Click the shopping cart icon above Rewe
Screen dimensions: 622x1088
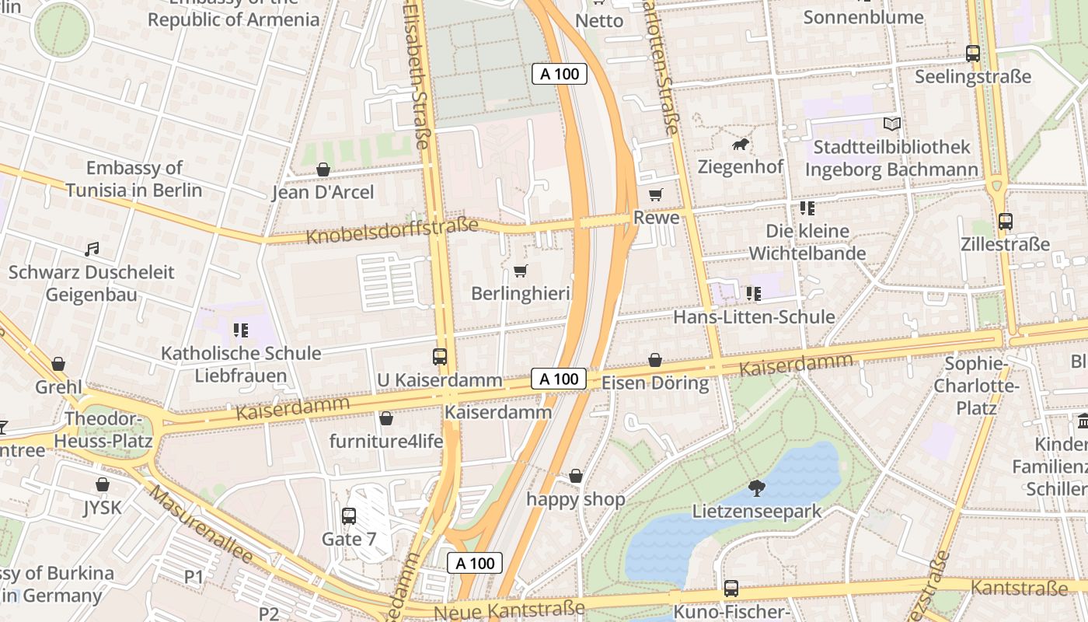656,194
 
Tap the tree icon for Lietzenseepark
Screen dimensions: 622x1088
756,488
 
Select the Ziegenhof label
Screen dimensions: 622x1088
739,167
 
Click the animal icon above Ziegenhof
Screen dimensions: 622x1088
740,145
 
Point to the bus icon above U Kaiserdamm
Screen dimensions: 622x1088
440,357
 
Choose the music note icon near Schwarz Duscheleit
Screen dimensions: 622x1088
92,250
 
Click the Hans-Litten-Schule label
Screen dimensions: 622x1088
754,316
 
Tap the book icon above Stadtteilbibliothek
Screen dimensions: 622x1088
891,124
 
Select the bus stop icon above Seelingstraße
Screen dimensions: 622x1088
972,54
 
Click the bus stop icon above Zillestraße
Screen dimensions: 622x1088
1005,222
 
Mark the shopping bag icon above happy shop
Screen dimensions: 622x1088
576,476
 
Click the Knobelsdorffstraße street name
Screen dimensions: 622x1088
392,230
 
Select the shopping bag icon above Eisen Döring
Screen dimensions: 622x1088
655,360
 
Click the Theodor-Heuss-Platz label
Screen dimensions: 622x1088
103,430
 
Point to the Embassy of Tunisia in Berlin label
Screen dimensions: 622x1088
134,179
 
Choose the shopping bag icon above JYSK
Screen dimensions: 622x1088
103,484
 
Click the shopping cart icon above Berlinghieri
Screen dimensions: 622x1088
520,271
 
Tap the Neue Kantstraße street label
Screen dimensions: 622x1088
509,610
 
